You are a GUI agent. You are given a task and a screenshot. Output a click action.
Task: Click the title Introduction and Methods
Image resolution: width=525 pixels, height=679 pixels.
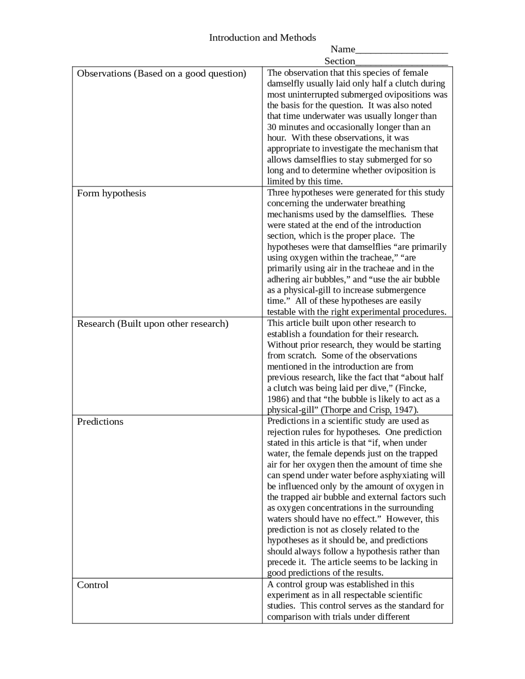click(262, 38)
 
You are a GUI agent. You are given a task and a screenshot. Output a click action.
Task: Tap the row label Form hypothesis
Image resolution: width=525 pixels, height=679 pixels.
click(112, 193)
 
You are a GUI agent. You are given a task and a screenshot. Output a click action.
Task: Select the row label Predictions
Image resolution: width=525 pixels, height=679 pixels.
click(100, 422)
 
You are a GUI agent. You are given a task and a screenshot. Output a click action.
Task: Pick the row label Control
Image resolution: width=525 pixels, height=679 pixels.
click(93, 585)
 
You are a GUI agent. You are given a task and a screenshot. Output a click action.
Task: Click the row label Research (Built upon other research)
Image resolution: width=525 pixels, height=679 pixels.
click(153, 324)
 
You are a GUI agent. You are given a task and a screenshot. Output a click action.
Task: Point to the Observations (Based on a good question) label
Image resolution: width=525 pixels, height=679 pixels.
click(162, 73)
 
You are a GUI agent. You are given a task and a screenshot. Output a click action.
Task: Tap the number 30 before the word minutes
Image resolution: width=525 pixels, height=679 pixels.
click(272, 127)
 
